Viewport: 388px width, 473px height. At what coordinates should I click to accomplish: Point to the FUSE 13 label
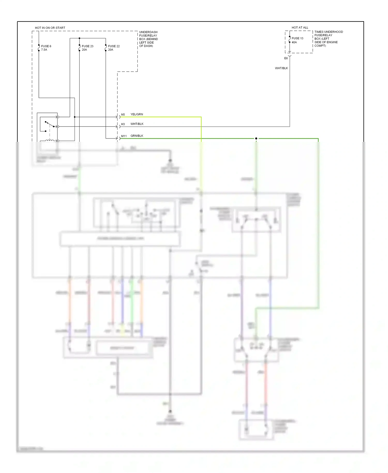pyautogui.click(x=297, y=38)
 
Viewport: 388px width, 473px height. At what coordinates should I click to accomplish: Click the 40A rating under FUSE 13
pyautogui.click(x=294, y=42)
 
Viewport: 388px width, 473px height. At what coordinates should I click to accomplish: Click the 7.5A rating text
pyautogui.click(x=44, y=50)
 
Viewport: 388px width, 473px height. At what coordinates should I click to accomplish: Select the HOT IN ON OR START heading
pyautogui.click(x=50, y=28)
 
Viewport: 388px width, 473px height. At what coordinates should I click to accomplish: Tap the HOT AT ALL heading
pyautogui.click(x=300, y=27)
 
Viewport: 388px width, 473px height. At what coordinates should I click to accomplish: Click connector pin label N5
pyautogui.click(x=123, y=115)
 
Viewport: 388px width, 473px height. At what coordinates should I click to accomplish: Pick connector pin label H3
pyautogui.click(x=123, y=124)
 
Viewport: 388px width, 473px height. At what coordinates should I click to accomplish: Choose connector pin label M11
pyautogui.click(x=124, y=136)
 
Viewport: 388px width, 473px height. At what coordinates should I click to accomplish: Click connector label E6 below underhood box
pyautogui.click(x=286, y=58)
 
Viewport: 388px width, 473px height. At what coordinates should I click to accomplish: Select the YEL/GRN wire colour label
pyautogui.click(x=137, y=114)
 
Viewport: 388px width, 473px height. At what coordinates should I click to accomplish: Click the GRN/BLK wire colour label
pyautogui.click(x=137, y=136)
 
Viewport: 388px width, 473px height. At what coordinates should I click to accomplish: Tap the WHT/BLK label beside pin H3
pyautogui.click(x=137, y=124)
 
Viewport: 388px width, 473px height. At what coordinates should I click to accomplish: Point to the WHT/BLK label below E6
pyautogui.click(x=281, y=68)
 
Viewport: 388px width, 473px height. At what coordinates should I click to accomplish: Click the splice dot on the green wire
pyautogui.click(x=256, y=138)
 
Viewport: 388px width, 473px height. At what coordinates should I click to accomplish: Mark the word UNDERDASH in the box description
pyautogui.click(x=148, y=32)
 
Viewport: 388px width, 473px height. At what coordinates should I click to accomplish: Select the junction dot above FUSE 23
pyautogui.click(x=79, y=38)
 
